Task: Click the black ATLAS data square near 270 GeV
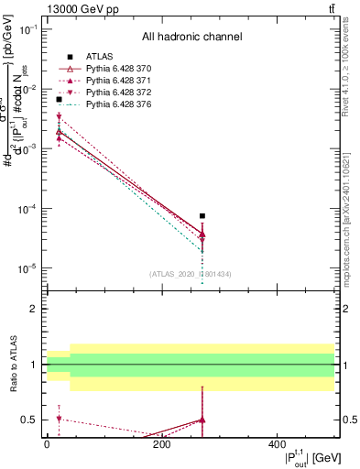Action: (202, 216)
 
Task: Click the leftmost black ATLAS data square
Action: (59, 125)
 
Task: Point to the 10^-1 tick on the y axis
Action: (45, 29)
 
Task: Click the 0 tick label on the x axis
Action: (47, 443)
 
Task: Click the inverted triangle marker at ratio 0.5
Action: (59, 420)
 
